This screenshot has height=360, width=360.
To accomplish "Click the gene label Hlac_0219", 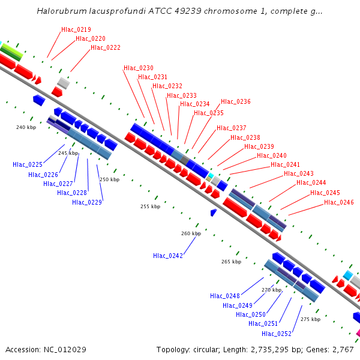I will pyautogui.click(x=76, y=29).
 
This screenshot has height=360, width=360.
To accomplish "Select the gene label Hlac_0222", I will pyautogui.click(x=106, y=47).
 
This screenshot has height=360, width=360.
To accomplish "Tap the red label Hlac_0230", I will pyautogui.click(x=139, y=68).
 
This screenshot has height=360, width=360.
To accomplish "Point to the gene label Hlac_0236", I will pyautogui.click(x=236, y=101).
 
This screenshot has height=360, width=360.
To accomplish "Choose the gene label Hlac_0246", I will pyautogui.click(x=339, y=202).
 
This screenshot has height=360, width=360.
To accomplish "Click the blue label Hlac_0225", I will pyautogui.click(x=28, y=164).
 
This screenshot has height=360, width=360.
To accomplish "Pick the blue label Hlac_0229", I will pyautogui.click(x=87, y=202).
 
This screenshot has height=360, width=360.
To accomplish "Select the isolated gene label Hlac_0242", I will pyautogui.click(x=168, y=256).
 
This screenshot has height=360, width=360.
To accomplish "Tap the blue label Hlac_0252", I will pyautogui.click(x=277, y=334).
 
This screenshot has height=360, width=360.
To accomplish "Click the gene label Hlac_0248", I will pyautogui.click(x=225, y=296).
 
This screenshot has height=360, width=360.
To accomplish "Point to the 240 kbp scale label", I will pyautogui.click(x=26, y=127).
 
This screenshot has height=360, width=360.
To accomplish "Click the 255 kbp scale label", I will pyautogui.click(x=150, y=206).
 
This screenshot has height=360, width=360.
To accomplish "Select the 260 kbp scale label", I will pyautogui.click(x=191, y=233).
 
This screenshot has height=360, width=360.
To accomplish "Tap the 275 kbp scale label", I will pyautogui.click(x=310, y=319).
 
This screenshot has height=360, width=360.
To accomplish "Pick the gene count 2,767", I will pyautogui.click(x=344, y=349).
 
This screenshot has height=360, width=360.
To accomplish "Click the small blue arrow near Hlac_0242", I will pyautogui.click(x=213, y=212).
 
